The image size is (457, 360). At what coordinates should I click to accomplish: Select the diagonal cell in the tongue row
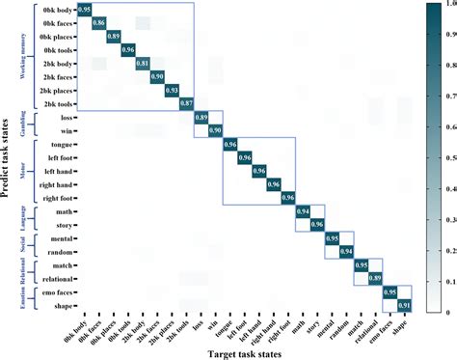click(x=230, y=144)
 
